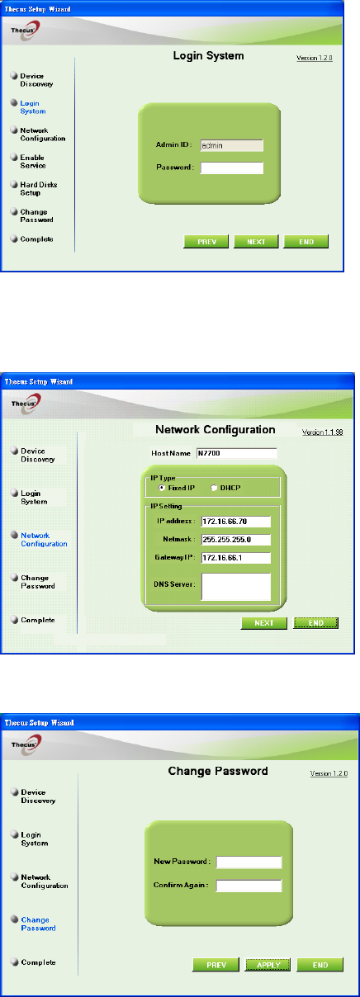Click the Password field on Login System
[232, 168]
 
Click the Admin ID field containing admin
[232, 145]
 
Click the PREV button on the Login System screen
[206, 242]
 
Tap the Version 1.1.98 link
[323, 432]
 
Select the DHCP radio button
[214, 488]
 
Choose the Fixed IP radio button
[162, 488]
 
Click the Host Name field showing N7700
[237, 453]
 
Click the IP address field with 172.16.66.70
[236, 522]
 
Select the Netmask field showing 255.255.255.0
[236, 540]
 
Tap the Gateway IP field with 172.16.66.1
[236, 558]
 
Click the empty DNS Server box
[236, 587]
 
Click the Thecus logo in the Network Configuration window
[26, 404]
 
